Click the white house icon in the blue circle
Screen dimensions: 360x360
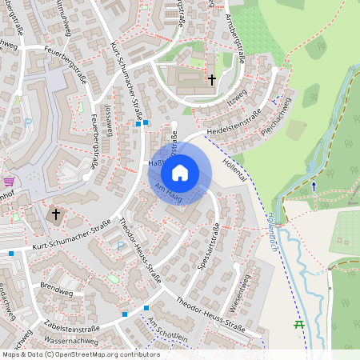coord(180,172)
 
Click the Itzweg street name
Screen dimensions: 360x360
coord(237,98)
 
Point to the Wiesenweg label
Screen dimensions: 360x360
coord(242,294)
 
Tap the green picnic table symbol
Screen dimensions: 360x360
coord(299,324)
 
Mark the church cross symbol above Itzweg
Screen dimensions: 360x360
coord(212,79)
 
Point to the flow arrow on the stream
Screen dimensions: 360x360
coord(314,185)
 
